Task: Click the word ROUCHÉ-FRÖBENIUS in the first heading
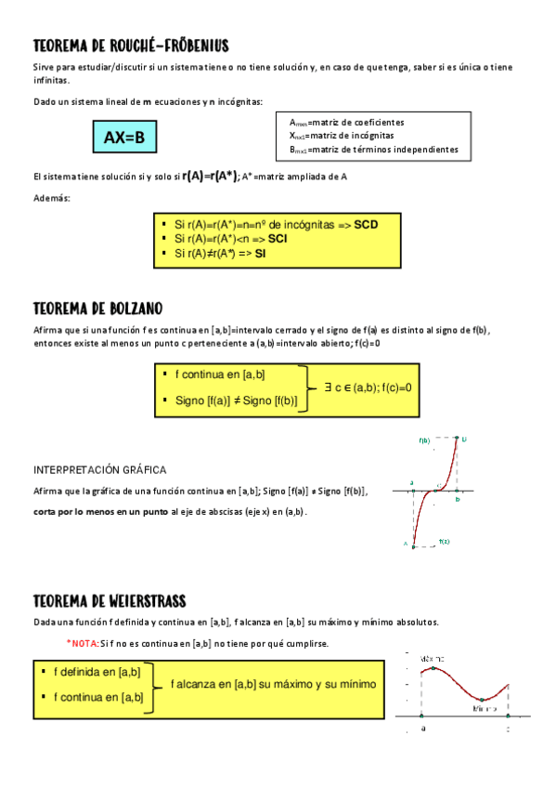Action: coord(174,46)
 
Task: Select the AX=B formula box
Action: coord(124,138)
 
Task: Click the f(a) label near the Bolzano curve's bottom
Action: coord(444,541)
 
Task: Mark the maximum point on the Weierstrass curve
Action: coord(432,668)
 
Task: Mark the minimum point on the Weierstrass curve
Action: coord(482,699)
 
